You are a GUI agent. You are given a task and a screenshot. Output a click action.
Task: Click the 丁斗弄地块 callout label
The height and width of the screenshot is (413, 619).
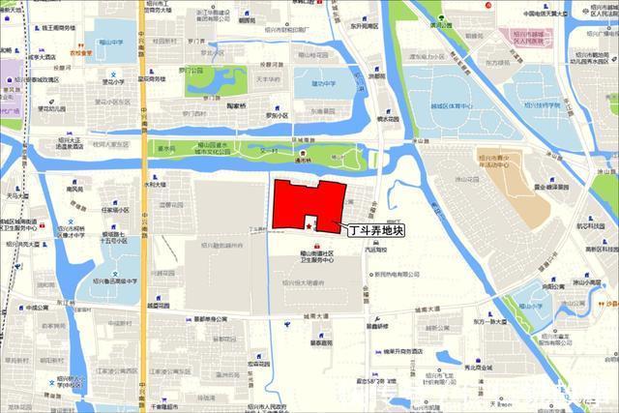point(374,230)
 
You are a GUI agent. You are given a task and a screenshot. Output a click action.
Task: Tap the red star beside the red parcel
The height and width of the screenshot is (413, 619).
point(309,225)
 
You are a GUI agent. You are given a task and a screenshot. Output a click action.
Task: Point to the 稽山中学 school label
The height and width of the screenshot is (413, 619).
point(109,43)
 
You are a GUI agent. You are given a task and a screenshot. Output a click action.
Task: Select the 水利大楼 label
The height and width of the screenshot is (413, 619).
point(156,184)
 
